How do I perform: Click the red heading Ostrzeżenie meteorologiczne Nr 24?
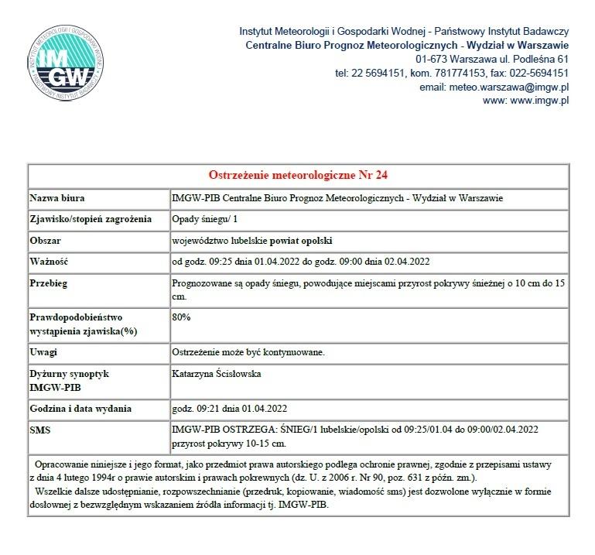point(304,174)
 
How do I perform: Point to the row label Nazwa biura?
point(57,198)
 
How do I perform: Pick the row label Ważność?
point(50,262)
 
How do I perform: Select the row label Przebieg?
point(49,283)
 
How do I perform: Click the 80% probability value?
point(181,317)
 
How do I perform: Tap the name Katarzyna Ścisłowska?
point(218,374)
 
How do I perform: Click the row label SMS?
point(39,428)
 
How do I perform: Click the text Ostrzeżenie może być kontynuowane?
point(247,352)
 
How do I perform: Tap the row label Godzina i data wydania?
point(80,408)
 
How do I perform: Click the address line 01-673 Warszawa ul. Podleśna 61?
point(492,59)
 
